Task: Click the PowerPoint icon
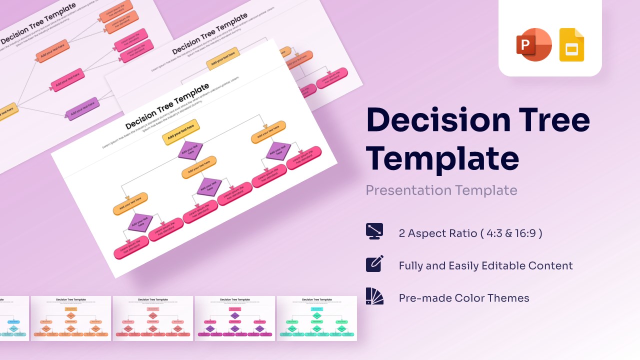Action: click(533, 44)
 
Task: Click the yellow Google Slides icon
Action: click(571, 45)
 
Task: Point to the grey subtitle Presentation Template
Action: click(441, 190)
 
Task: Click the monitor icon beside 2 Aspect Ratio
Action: click(374, 231)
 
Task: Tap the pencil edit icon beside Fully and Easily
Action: click(374, 263)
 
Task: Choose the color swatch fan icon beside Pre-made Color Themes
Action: click(374, 296)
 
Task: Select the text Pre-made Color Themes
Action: click(463, 298)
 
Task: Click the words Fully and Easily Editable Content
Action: click(485, 265)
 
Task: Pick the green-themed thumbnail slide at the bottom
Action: click(316, 318)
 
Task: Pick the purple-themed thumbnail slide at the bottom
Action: click(234, 318)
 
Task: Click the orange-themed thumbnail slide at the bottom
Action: click(71, 318)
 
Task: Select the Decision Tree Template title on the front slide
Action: click(167, 106)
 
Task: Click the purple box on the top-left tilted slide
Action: click(83, 109)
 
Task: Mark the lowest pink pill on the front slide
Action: click(131, 247)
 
